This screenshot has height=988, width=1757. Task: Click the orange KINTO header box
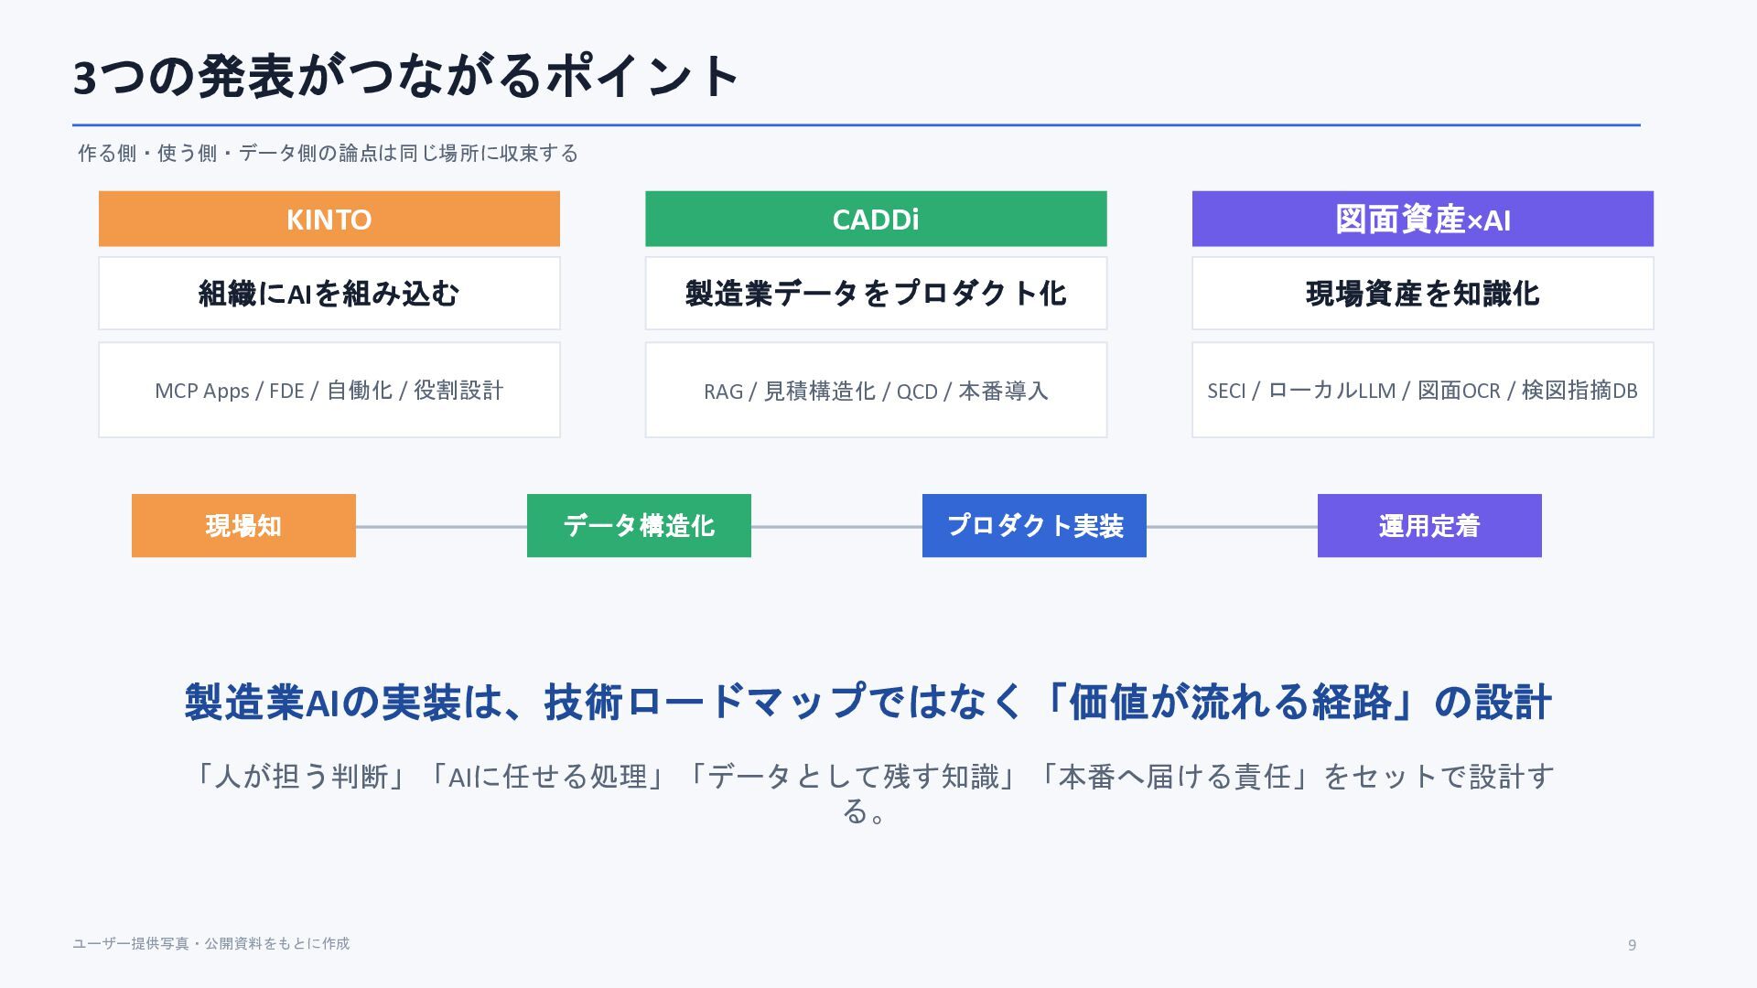(x=329, y=219)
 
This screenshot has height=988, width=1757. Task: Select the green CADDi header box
(x=876, y=219)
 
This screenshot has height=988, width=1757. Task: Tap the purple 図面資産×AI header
(x=1422, y=219)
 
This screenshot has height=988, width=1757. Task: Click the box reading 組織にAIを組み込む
(x=329, y=294)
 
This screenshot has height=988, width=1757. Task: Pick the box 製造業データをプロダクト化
(x=876, y=294)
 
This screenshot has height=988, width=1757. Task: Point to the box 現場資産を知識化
(x=1422, y=294)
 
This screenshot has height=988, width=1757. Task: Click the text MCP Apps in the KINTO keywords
(x=201, y=392)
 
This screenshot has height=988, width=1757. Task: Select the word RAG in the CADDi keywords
(x=723, y=392)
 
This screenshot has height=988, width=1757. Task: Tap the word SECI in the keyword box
(x=1226, y=391)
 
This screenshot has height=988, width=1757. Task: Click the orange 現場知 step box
(x=243, y=526)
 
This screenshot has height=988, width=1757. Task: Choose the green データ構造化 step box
(x=639, y=526)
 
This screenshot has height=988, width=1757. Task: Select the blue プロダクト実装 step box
(x=1034, y=526)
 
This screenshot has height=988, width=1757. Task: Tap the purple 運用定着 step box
(x=1429, y=526)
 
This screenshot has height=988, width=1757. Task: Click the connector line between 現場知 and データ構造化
(x=441, y=527)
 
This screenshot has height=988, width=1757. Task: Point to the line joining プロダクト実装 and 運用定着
(x=1232, y=527)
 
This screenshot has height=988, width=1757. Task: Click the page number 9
(x=1632, y=945)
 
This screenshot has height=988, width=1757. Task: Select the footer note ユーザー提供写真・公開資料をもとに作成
(x=210, y=943)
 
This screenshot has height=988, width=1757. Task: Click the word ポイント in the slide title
(x=642, y=76)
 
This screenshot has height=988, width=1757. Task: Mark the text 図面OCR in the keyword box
(x=1459, y=391)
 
